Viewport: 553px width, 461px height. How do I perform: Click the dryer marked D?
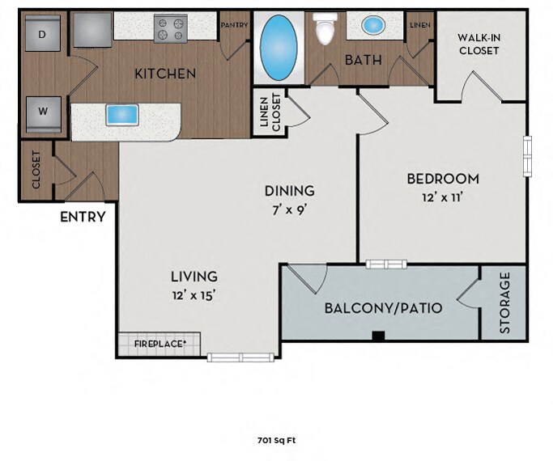click(x=42, y=33)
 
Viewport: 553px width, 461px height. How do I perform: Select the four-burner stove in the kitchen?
click(x=171, y=28)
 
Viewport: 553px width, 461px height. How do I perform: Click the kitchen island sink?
click(x=122, y=115)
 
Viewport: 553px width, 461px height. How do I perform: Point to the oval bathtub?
click(x=279, y=48)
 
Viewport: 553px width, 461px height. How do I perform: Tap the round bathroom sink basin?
click(x=374, y=25)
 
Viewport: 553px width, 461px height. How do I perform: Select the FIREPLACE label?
click(x=160, y=344)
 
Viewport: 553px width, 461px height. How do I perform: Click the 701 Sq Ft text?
click(x=277, y=440)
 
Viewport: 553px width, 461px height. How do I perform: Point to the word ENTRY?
click(x=83, y=217)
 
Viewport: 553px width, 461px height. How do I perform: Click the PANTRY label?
click(x=234, y=25)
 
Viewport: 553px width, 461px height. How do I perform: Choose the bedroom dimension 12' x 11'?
click(x=442, y=197)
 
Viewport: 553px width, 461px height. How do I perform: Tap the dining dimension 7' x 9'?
click(x=289, y=210)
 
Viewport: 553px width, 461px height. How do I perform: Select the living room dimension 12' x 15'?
click(x=194, y=295)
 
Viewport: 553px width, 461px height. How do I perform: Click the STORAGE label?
click(x=505, y=302)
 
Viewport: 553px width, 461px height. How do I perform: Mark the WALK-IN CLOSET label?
click(x=479, y=44)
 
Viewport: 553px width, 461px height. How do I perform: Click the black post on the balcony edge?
click(x=378, y=336)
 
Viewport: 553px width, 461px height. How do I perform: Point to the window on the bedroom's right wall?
click(x=527, y=157)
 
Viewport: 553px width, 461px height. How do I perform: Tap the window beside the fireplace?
click(x=240, y=357)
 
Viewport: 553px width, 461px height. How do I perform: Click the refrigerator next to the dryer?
click(x=93, y=30)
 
